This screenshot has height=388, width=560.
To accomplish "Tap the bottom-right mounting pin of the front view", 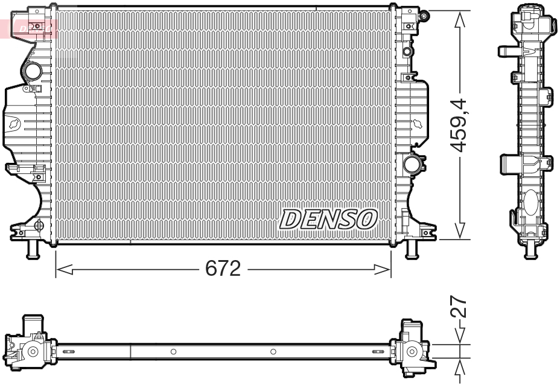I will pyautogui.click(x=412, y=248).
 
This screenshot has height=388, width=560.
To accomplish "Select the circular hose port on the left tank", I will pyautogui.click(x=31, y=72).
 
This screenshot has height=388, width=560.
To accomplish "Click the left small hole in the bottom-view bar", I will pyautogui.click(x=173, y=351).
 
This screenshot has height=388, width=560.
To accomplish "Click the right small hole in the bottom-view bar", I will pyautogui.click(x=273, y=351).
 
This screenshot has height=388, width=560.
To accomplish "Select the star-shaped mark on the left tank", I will pyautogui.click(x=14, y=124).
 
